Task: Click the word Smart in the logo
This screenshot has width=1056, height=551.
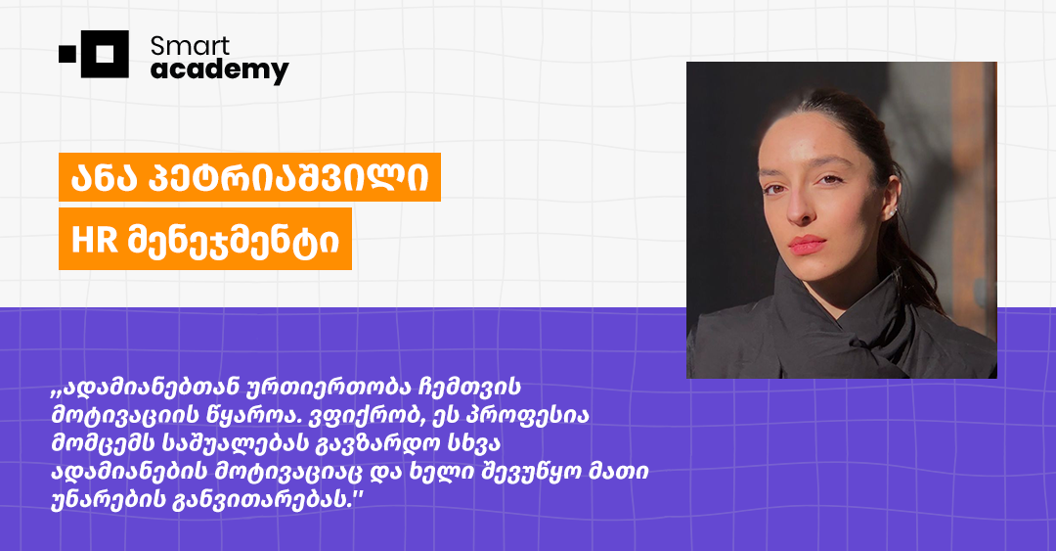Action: (x=190, y=45)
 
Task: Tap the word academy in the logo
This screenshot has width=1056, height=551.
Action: (x=219, y=69)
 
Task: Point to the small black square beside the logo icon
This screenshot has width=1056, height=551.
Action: (x=66, y=55)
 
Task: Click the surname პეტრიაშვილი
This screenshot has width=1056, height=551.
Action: (x=292, y=178)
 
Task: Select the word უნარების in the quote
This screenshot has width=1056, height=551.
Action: (x=104, y=500)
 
